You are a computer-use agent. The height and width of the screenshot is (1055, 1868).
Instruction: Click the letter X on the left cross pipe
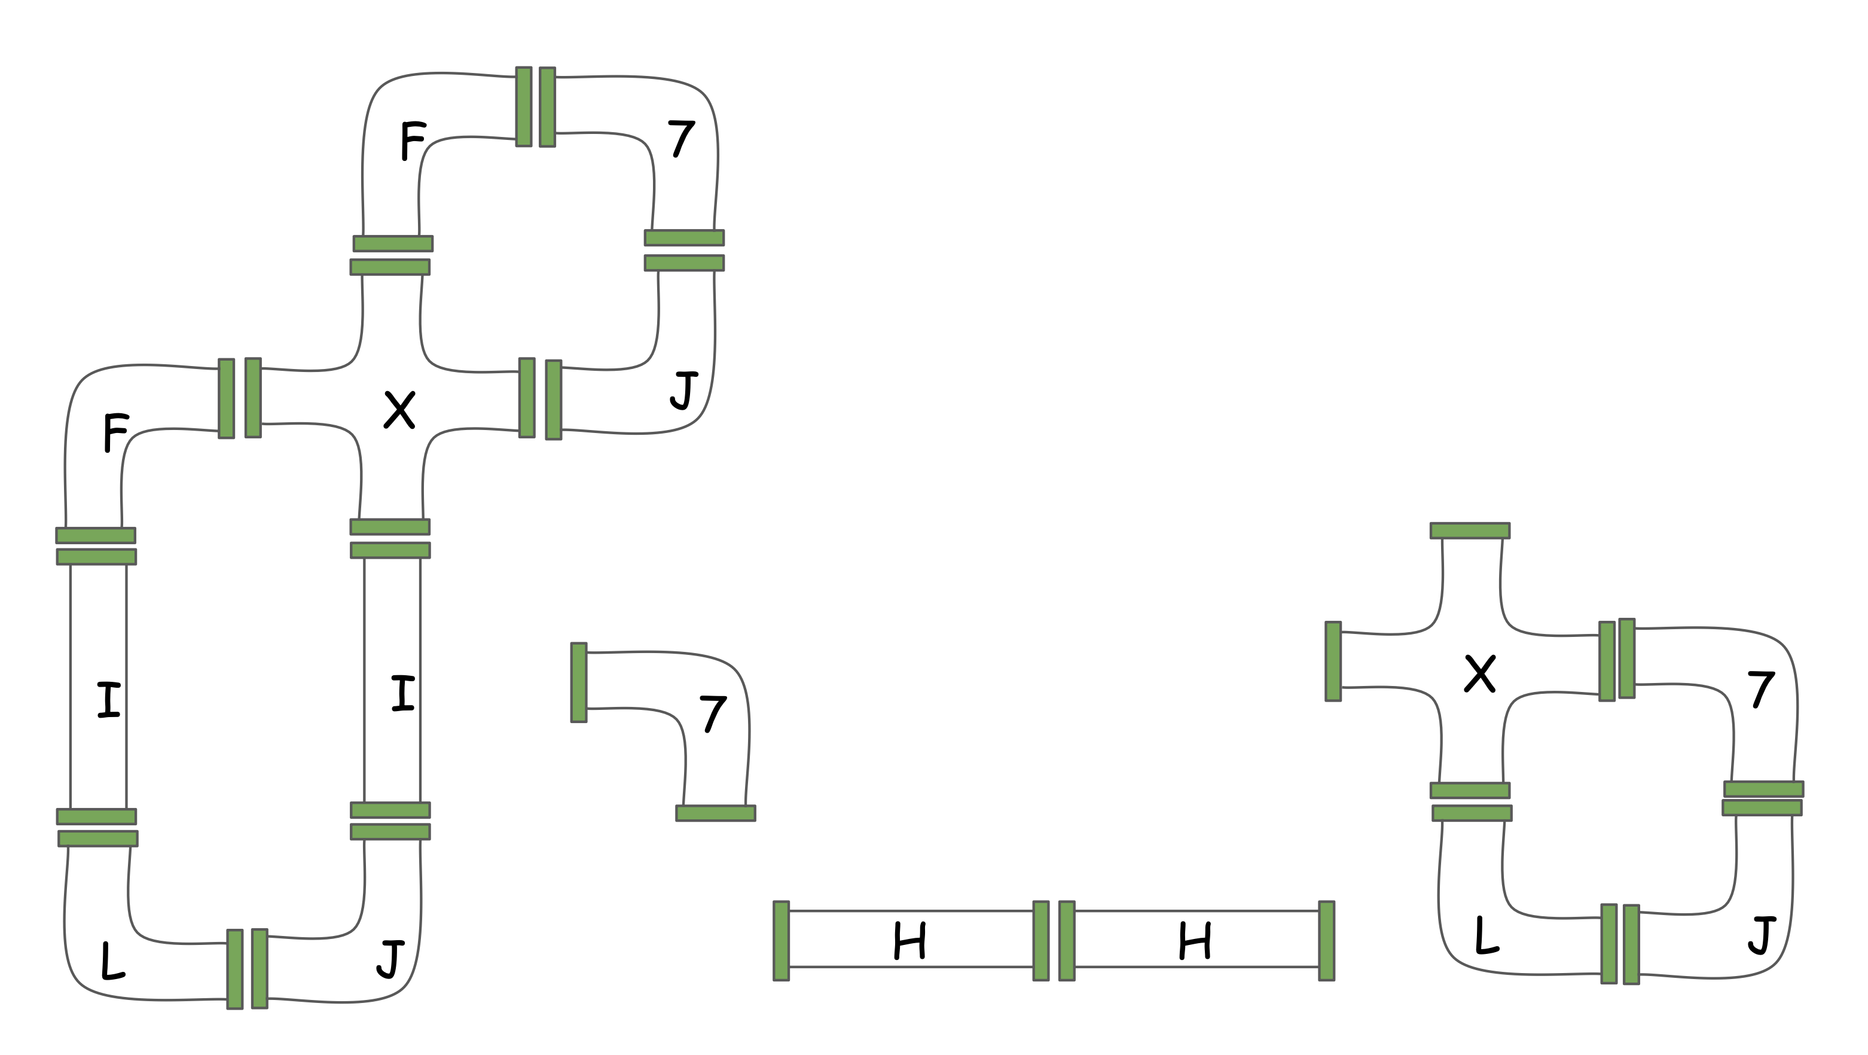399,410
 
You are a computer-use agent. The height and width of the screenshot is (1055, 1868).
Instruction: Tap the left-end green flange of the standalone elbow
579,682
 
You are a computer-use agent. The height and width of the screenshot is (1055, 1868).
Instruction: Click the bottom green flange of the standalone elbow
716,813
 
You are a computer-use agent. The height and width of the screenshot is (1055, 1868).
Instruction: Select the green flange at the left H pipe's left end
781,941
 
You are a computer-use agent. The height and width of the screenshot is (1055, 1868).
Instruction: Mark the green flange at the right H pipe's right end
1326,941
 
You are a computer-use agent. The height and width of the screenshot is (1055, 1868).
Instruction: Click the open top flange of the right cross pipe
1470,530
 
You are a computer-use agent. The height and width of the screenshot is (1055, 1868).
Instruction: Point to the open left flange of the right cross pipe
1333,661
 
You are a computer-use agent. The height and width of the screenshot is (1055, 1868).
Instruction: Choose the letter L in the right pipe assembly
1487,936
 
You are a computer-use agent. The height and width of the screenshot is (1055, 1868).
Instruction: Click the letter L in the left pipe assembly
112,961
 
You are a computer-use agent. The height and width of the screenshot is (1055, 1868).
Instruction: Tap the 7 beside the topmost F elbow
681,139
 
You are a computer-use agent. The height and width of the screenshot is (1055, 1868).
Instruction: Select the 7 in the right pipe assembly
1761,690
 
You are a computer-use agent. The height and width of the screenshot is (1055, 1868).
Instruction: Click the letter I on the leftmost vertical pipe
109,700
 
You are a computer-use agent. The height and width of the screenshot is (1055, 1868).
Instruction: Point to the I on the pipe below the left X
402,693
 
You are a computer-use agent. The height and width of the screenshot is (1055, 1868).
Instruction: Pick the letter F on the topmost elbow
413,141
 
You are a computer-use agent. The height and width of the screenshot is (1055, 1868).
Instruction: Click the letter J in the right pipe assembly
1762,936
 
